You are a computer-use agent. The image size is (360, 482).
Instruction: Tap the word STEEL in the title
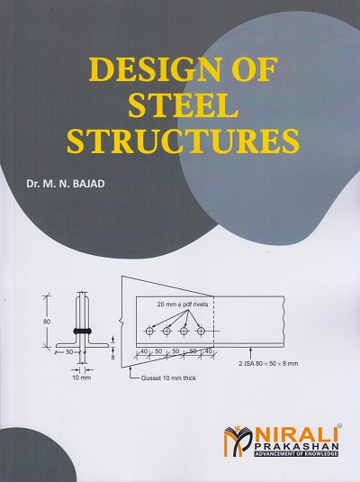tap(184, 105)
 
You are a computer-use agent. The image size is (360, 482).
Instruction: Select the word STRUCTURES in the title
tap(183, 141)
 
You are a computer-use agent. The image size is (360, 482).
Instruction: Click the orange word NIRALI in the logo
tap(295, 436)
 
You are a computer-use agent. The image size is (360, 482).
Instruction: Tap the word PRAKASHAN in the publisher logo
tap(295, 448)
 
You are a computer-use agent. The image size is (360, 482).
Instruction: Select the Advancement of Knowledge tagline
tap(295, 454)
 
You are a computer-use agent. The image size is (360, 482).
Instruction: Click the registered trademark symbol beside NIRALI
tap(339, 426)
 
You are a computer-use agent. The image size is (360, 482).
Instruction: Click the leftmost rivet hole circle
tap(149, 331)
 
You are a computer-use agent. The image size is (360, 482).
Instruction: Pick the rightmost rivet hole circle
tap(202, 331)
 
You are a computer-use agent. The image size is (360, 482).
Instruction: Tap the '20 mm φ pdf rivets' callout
tap(183, 305)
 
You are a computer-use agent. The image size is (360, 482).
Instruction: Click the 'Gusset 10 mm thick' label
tap(168, 378)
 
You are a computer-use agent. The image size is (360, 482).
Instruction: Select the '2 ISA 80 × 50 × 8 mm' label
tap(268, 364)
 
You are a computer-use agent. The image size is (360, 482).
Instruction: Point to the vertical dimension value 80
tap(47, 322)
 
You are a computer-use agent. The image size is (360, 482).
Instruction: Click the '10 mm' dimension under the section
tap(81, 377)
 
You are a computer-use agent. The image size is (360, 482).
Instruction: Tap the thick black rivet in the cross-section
tap(82, 331)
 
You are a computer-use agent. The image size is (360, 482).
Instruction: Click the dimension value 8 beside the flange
tap(113, 357)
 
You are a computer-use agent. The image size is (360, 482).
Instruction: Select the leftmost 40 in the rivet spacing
tap(144, 350)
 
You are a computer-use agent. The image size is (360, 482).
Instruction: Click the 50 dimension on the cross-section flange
tap(69, 351)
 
